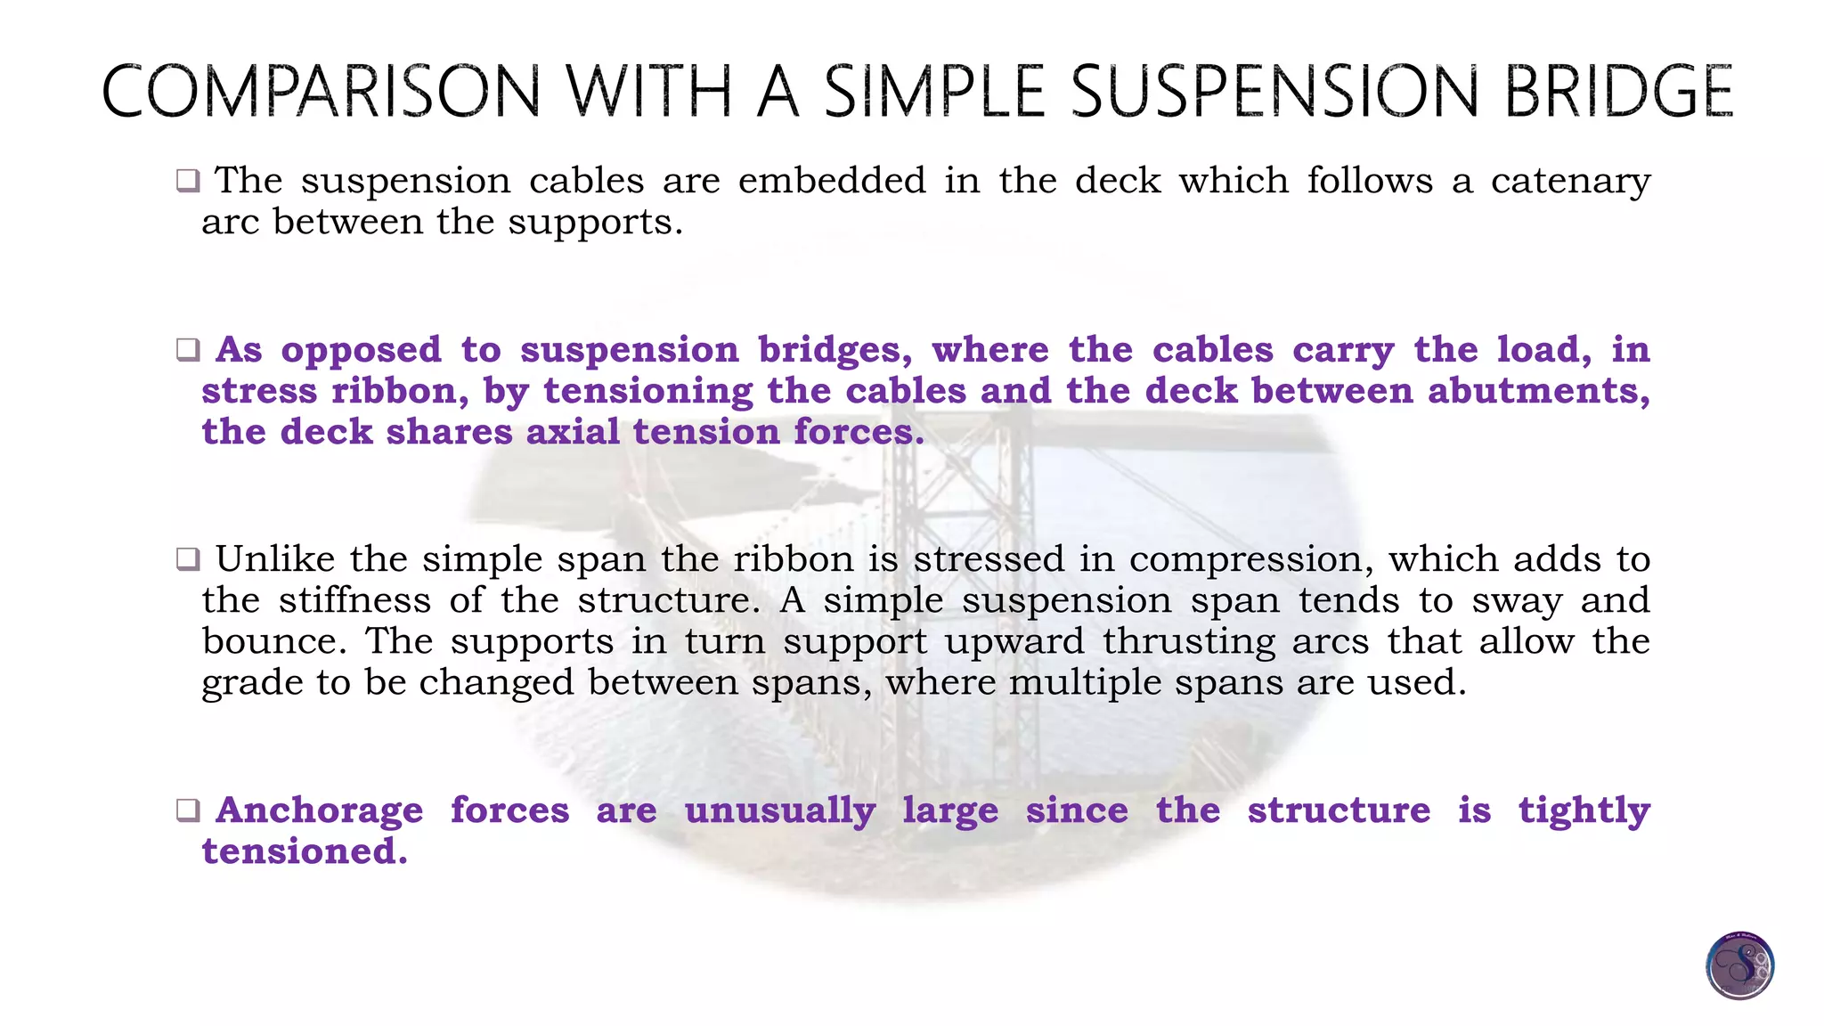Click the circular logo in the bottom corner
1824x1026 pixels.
pos(1739,965)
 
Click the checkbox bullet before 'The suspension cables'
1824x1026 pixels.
pos(188,181)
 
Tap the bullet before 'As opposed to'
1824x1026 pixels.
pos(188,350)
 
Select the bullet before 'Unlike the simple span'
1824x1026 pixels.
pos(188,559)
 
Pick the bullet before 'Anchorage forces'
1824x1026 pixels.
pos(188,810)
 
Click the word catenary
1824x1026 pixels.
pos(1570,182)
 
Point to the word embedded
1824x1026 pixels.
pos(832,181)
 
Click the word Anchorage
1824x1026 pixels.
pos(320,811)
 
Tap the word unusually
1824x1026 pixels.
pos(780,811)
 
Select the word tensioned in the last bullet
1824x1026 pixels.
pos(305,851)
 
